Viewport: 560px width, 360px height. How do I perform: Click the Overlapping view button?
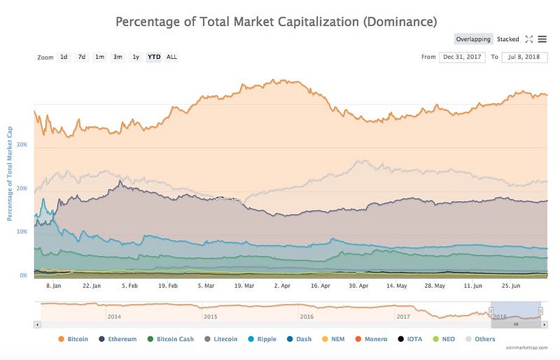474,39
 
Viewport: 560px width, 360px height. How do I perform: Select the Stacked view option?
508,39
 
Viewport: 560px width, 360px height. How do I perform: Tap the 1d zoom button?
64,57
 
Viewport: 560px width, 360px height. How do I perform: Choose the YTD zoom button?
153,57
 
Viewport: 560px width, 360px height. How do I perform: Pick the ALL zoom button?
171,57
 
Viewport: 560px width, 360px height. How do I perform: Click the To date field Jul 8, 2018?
524,57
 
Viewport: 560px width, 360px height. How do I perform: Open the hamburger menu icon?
542,39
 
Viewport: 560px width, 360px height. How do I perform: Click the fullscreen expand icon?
529,39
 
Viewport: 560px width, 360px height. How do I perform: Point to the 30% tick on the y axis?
22,145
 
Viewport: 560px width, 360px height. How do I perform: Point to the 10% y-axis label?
22,231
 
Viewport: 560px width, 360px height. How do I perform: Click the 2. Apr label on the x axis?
282,286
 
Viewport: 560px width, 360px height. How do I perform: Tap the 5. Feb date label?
129,286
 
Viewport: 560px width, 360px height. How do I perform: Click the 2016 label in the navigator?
307,317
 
